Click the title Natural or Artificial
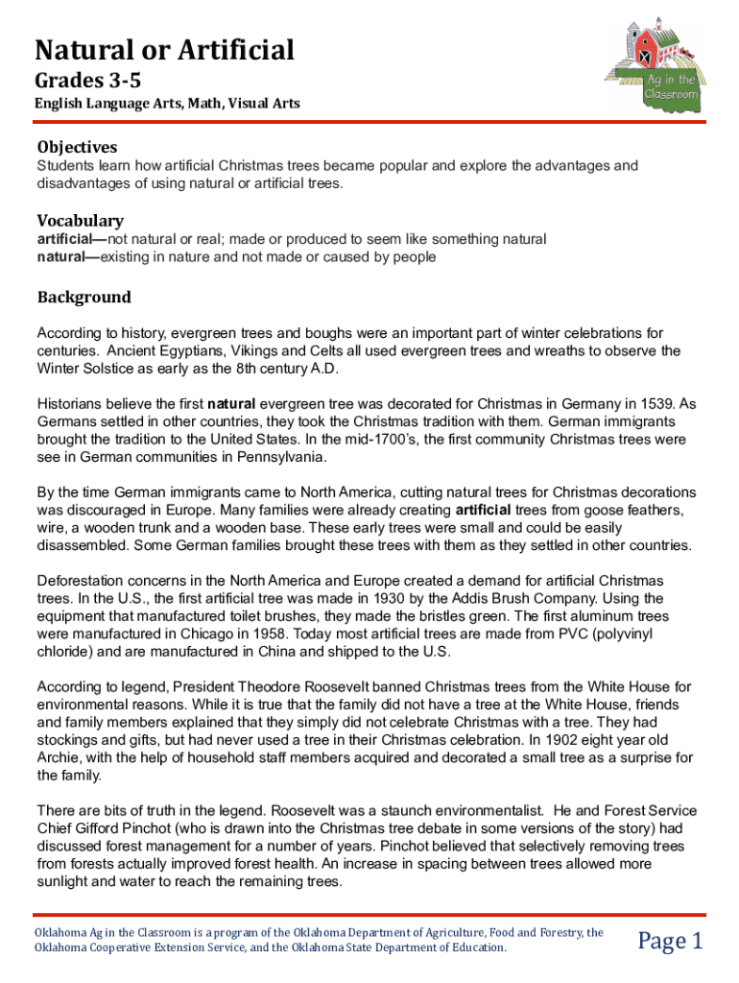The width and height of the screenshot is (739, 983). click(x=165, y=49)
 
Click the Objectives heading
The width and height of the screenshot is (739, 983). click(x=77, y=147)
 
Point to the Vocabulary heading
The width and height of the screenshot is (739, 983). click(x=81, y=220)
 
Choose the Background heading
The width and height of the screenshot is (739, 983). click(x=83, y=298)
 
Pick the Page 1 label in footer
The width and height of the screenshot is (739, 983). click(x=671, y=941)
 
